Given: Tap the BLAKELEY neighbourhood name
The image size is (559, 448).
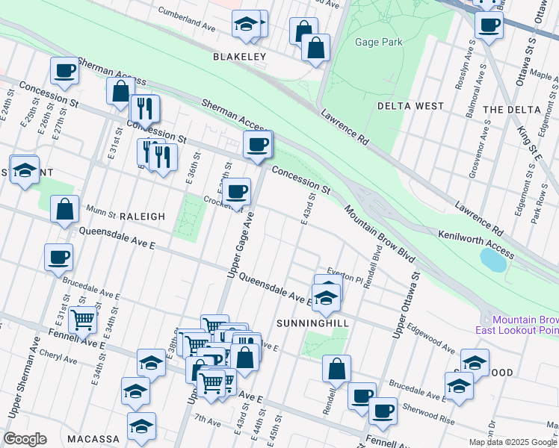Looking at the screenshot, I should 239,57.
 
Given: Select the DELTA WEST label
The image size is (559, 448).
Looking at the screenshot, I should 410,106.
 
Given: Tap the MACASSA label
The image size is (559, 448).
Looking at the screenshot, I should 93,438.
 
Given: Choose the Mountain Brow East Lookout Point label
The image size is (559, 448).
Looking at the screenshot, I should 516,323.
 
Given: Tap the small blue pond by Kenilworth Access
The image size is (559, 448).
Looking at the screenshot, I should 494,260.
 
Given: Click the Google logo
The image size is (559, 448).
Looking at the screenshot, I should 25,439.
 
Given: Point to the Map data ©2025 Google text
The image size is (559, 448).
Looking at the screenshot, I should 512,442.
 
